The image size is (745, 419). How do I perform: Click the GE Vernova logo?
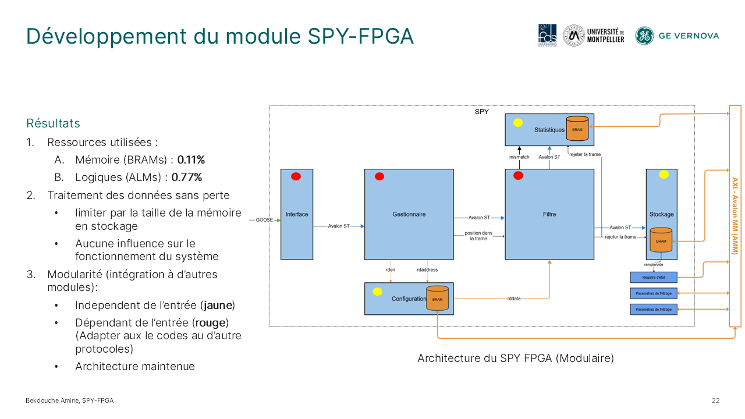pos(677,35)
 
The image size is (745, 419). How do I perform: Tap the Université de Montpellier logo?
pos(594,35)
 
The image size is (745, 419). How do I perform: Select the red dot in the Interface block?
pos(296,176)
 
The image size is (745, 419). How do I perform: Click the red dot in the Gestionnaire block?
pos(379,176)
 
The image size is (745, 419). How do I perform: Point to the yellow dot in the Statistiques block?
pos(517,123)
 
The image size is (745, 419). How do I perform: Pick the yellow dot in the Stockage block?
pos(664,174)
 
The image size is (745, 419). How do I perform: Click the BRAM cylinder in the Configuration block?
pos(437,298)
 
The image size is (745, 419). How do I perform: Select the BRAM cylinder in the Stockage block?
pos(661,240)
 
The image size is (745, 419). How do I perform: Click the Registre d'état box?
pos(654,278)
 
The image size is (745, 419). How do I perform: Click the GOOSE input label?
pos(264,220)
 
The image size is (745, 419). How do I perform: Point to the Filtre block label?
pos(549,214)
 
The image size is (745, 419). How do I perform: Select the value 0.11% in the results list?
pos(191,159)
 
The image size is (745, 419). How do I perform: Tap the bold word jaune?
pos(218,305)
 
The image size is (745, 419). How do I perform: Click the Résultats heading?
pos(53,123)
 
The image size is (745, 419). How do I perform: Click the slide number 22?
pos(715,400)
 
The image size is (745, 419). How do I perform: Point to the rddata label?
pos(514,299)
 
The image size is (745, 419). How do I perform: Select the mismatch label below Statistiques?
pos(519,157)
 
